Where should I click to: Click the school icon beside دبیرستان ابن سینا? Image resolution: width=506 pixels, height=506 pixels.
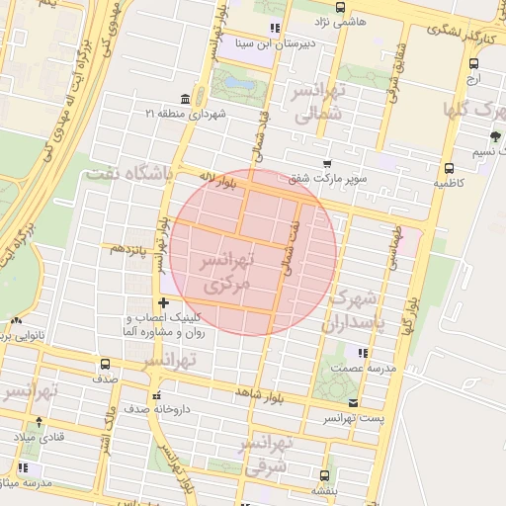(274, 28)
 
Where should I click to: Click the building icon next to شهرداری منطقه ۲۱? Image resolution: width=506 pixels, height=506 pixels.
(151, 113)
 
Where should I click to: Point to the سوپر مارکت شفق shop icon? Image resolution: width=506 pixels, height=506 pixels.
(326, 165)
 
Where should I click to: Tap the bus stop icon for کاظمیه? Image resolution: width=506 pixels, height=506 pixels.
(449, 167)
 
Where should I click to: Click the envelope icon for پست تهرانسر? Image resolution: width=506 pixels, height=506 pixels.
(354, 402)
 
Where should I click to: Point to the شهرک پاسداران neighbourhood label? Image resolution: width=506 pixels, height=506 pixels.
(351, 309)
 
